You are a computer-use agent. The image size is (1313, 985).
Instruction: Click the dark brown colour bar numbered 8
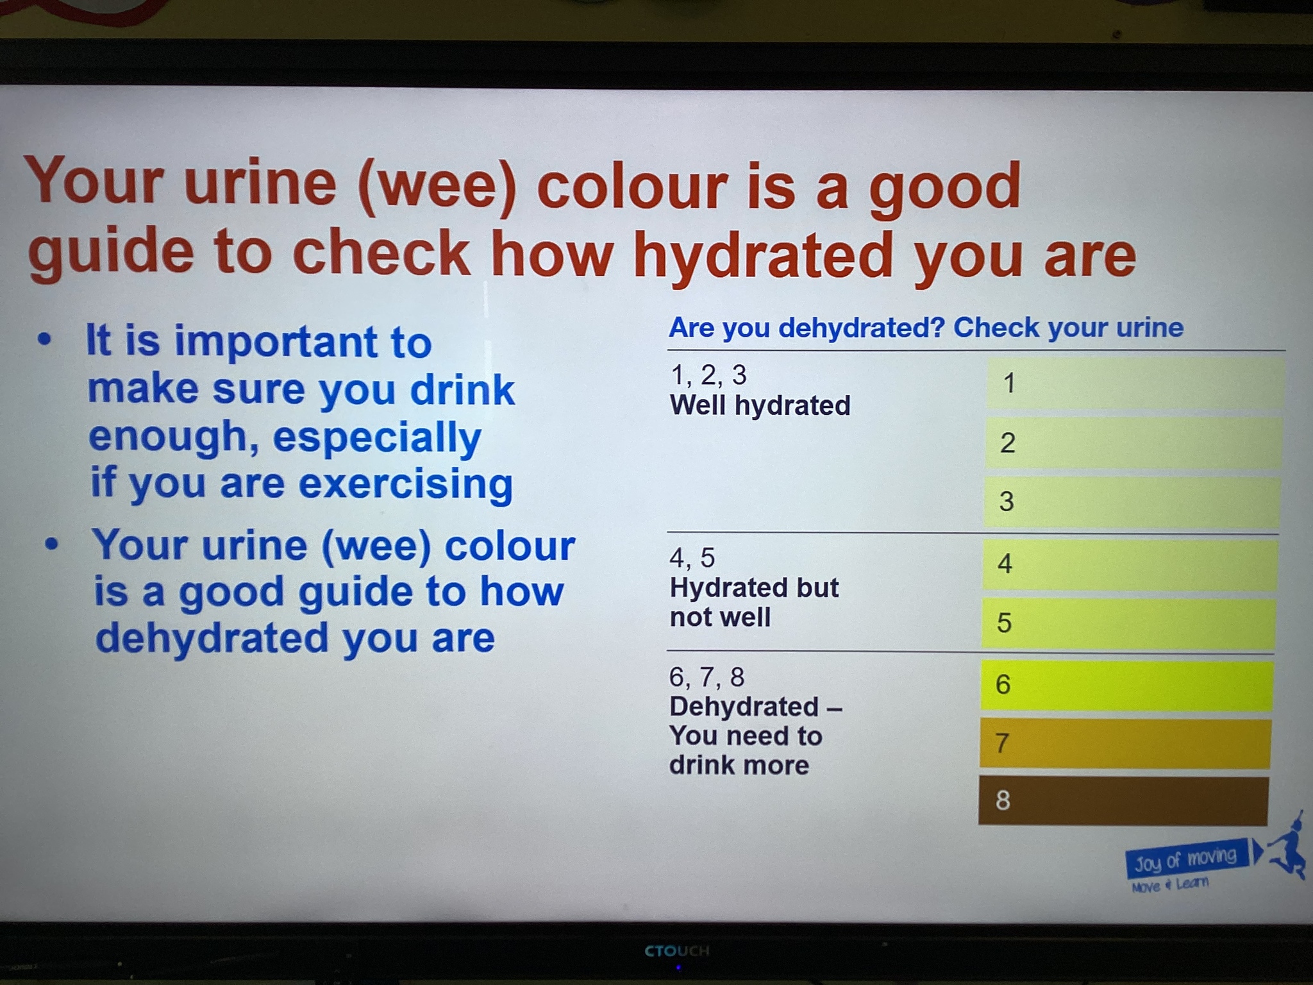(x=1123, y=801)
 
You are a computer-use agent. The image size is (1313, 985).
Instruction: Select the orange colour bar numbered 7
(x=1125, y=743)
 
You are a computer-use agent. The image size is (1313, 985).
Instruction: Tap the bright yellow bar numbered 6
(x=1126, y=686)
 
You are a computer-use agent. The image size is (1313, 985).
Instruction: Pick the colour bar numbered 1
(x=1135, y=383)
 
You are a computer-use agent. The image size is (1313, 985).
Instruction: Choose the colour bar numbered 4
(x=1130, y=564)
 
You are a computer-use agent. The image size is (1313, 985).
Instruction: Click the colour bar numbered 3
(x=1132, y=501)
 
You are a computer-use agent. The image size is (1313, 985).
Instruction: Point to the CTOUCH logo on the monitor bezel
(x=677, y=950)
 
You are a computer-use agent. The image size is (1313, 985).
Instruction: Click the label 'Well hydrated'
(x=760, y=405)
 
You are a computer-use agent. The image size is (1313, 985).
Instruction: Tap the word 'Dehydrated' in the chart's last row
(x=744, y=707)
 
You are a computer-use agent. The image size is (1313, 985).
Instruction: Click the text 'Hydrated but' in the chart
(x=754, y=587)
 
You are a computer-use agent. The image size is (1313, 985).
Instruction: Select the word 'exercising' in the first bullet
(x=405, y=485)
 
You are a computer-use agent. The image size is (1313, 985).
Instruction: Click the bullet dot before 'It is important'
(x=44, y=340)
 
